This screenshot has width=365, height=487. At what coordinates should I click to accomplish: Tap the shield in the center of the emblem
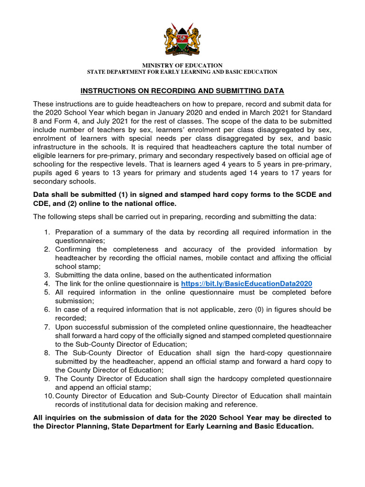(182, 41)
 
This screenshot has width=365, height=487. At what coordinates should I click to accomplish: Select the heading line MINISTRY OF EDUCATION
(182, 65)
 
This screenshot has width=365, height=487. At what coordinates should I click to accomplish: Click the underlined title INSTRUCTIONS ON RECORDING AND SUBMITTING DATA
(182, 90)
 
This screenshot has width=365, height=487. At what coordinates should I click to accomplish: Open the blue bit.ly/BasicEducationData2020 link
(247, 283)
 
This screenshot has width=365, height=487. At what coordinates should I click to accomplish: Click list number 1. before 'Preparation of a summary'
(47, 232)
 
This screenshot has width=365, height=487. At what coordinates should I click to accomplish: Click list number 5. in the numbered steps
(47, 292)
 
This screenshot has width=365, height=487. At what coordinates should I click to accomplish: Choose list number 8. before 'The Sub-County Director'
(47, 353)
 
